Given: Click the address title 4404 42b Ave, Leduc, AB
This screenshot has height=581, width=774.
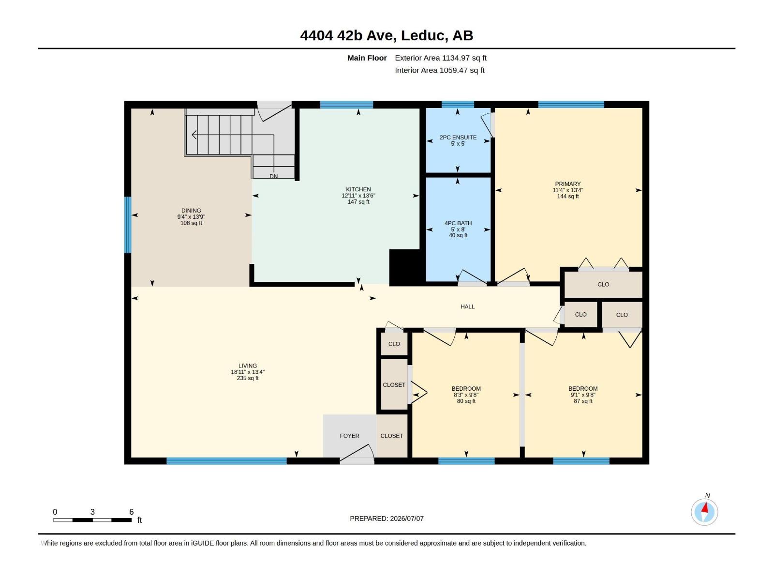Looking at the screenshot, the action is coord(387,35).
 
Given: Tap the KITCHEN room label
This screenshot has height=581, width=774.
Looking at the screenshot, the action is coord(358,189).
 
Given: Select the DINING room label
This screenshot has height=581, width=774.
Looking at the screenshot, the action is coord(191,211).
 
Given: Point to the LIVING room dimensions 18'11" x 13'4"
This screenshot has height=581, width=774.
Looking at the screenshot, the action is coord(248,372).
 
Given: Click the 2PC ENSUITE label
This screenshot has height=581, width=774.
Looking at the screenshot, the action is coord(458,138).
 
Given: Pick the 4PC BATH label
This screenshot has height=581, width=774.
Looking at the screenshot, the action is coord(458,223).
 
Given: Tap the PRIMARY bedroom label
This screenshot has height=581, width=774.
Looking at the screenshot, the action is coord(568,184).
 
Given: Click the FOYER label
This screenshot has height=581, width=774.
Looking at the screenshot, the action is coord(349,436).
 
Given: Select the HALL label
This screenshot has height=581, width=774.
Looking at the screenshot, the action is coord(467,307).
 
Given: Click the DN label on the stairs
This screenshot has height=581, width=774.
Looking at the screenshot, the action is coord(274,176).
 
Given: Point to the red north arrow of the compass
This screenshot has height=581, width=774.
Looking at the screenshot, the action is coord(705,508).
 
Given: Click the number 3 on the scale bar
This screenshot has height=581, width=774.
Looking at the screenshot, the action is coord(92,512).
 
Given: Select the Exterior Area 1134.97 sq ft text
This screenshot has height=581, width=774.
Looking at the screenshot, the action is coord(440,58).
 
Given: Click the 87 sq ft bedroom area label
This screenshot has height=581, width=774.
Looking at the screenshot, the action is coord(583,401).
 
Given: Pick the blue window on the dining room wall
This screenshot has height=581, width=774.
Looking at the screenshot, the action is coord(128,225).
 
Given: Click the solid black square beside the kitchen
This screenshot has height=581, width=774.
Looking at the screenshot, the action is coord(405,267).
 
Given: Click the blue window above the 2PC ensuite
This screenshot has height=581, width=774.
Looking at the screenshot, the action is coord(458,105).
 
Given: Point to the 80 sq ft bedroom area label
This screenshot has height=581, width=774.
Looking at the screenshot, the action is coord(466,401).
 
